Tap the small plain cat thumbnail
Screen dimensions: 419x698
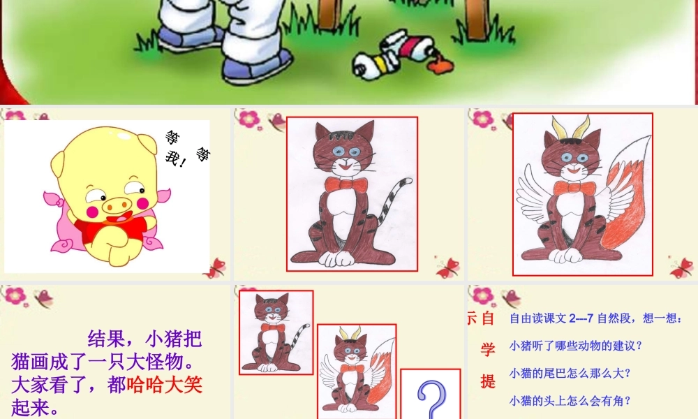pos(276,332)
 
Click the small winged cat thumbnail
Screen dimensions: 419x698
pos(357,370)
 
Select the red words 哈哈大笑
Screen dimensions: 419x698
pos(165,385)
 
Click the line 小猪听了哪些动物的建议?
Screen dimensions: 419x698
pos(576,346)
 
